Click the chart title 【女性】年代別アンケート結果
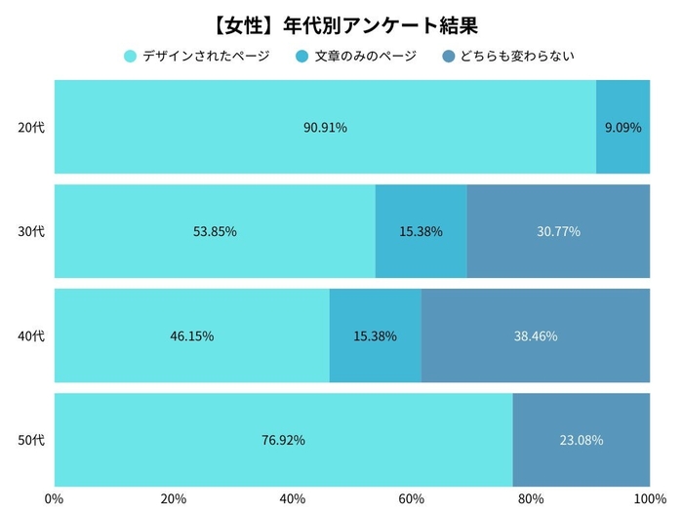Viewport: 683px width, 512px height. coord(341,21)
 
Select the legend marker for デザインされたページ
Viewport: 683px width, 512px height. coord(130,57)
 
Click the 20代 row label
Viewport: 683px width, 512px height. coord(32,127)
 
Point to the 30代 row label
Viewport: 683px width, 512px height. coord(32,231)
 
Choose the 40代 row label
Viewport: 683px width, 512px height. coord(32,335)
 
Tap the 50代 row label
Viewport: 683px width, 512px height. coord(32,440)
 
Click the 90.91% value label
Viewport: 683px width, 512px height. coord(325,127)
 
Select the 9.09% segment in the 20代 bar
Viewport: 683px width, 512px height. coord(623,127)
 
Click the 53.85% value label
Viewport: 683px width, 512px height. coord(215,231)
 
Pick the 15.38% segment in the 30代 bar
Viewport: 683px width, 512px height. coord(421,231)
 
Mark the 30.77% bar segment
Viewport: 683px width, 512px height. coord(558,231)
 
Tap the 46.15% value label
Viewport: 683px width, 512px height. coord(192,335)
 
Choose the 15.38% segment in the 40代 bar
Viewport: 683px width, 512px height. coord(375,335)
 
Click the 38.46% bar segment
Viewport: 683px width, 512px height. coord(536,335)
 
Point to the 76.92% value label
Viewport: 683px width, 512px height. coord(283,440)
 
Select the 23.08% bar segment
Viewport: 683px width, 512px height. coord(582,440)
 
